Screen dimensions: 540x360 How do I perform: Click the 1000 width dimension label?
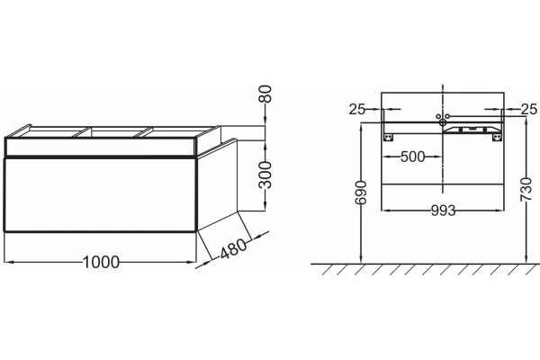[x=101, y=263]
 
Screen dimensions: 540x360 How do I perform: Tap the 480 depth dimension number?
[x=233, y=248]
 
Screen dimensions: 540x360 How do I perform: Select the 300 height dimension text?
[x=265, y=175]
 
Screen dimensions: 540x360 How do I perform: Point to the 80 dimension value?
[x=265, y=94]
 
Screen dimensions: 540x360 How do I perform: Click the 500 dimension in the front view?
[x=413, y=157]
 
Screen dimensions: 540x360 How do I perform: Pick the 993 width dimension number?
[x=443, y=211]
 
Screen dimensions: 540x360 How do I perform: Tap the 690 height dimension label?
[x=361, y=193]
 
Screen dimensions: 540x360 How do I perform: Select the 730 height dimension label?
[x=526, y=190]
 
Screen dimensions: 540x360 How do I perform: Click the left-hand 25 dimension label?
[x=356, y=109]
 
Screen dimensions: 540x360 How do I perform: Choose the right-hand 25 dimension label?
[x=528, y=109]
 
